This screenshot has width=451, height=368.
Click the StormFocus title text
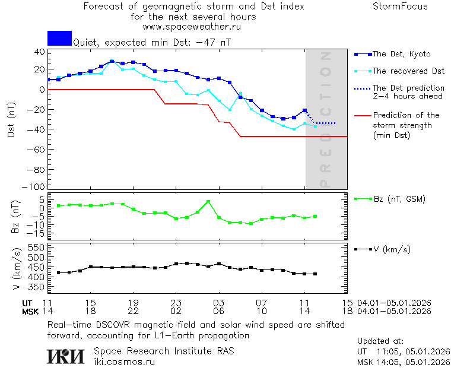point(400,7)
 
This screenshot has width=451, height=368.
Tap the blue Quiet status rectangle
point(59,39)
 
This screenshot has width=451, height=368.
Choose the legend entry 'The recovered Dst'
point(408,71)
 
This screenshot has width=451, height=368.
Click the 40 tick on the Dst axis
point(39,52)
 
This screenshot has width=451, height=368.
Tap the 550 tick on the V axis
point(37,247)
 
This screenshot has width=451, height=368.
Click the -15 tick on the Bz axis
point(37,235)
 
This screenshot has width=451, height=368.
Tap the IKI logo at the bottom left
point(65,356)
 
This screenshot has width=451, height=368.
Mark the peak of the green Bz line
point(208,202)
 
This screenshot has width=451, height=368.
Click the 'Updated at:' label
point(380,341)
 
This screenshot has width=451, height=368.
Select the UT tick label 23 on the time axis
point(176,303)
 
